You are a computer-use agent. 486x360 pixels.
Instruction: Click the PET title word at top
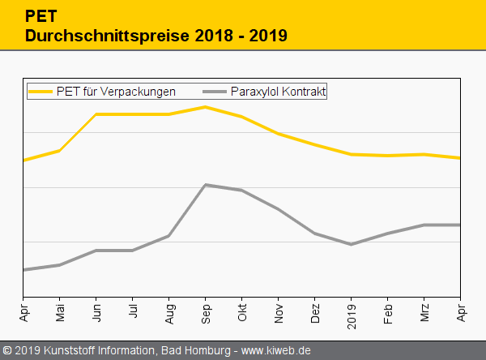point(40,15)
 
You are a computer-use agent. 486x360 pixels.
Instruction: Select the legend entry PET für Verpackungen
point(116,92)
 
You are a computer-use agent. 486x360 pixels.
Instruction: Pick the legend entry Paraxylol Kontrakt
point(278,92)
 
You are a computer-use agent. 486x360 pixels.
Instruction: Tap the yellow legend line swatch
point(41,92)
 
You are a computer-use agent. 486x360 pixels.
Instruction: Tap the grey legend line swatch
point(213,92)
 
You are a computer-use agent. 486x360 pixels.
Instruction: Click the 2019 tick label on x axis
point(352,311)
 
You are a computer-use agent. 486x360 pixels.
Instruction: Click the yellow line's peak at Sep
point(206,107)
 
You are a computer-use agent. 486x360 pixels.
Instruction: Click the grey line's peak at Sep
point(206,185)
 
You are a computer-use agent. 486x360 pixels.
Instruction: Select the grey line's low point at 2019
point(352,244)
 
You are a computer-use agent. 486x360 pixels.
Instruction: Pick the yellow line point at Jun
point(96,114)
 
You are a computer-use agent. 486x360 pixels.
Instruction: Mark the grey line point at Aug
point(169,236)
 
